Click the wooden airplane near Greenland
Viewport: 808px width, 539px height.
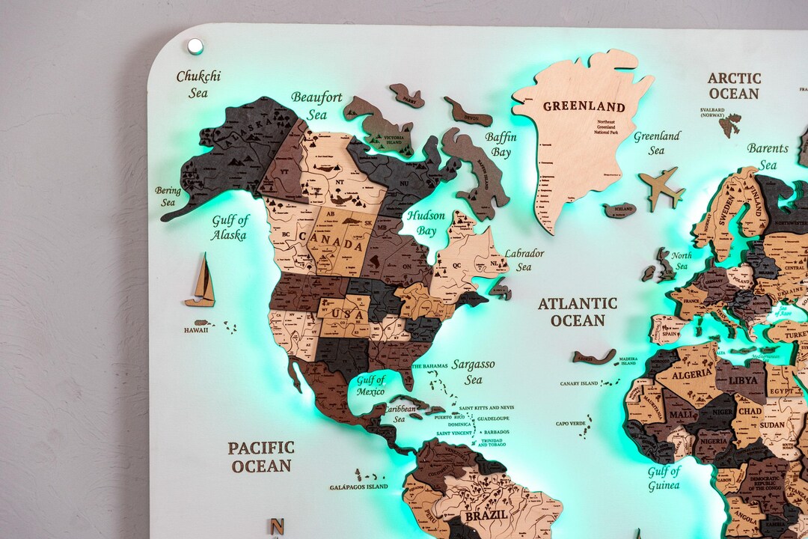661,188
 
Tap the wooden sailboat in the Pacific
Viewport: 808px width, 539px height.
201,281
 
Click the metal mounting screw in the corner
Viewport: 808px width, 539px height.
195,46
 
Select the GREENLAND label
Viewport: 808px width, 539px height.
584,106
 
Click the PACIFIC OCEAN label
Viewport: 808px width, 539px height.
261,457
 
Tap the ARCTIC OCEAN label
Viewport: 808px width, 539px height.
734,86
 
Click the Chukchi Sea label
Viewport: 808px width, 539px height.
198,84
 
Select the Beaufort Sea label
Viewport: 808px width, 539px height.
316,106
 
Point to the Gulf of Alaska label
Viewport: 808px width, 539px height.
230,228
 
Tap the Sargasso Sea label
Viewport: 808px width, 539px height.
473,371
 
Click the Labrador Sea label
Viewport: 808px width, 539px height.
524,260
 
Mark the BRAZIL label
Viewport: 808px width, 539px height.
486,516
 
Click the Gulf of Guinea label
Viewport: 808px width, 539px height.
664,478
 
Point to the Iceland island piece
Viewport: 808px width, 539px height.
619,210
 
